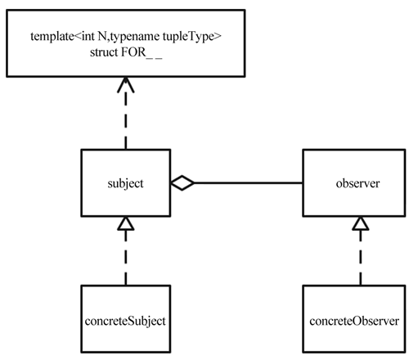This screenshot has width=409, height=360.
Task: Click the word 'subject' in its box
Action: (125, 184)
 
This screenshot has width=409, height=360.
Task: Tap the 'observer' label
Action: (357, 183)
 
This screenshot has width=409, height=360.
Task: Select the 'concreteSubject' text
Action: (125, 321)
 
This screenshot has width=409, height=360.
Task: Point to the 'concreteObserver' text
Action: (354, 321)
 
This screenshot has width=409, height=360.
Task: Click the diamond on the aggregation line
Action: (182, 182)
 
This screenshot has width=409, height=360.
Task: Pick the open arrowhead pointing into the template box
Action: (126, 85)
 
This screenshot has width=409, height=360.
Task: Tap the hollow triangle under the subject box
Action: (126, 223)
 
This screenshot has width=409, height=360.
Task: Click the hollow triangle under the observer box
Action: (361, 223)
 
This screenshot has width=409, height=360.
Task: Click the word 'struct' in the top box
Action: (104, 52)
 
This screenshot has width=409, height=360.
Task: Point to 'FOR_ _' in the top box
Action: (142, 52)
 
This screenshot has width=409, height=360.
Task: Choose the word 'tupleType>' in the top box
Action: (192, 37)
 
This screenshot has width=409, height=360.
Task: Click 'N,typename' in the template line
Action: (128, 37)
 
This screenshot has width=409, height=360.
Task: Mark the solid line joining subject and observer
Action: (249, 182)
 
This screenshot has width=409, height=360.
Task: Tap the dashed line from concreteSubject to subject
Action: (126, 258)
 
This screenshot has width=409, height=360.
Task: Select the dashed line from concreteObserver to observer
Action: (361, 258)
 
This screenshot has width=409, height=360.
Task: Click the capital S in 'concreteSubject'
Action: (131, 321)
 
